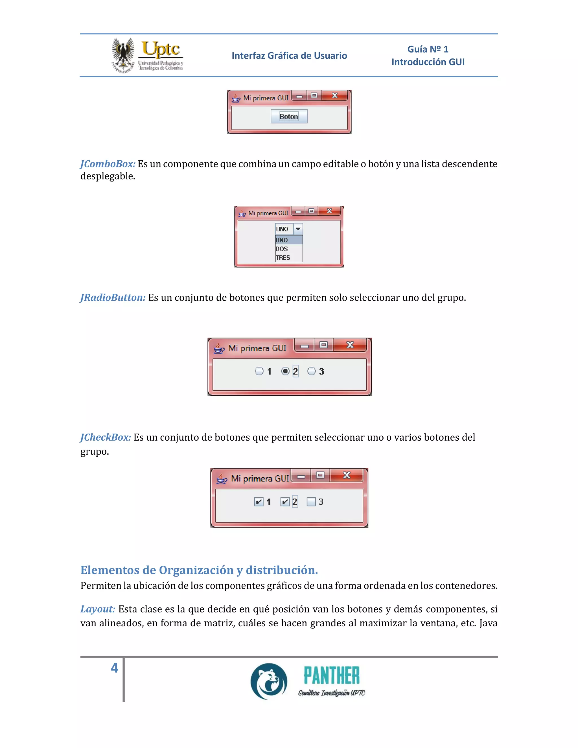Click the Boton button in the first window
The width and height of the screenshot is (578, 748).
(289, 117)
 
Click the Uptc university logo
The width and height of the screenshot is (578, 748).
(148, 55)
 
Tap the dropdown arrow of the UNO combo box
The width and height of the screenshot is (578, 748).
(298, 229)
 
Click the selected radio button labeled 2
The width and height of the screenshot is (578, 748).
(285, 371)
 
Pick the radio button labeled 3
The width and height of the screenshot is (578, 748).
(311, 371)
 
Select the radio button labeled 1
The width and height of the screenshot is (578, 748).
(259, 371)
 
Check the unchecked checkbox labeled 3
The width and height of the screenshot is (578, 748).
(311, 502)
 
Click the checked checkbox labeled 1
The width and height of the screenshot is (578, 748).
(259, 502)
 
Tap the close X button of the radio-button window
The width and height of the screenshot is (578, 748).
(350, 345)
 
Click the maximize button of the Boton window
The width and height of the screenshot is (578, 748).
(314, 96)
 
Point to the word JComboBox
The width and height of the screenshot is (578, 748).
(108, 164)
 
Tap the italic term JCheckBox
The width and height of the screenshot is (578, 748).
(106, 437)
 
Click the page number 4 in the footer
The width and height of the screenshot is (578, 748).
(114, 668)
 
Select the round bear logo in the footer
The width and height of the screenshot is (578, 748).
(269, 681)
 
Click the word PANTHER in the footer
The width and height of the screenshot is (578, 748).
(331, 675)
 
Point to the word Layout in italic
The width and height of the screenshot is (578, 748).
(98, 609)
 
